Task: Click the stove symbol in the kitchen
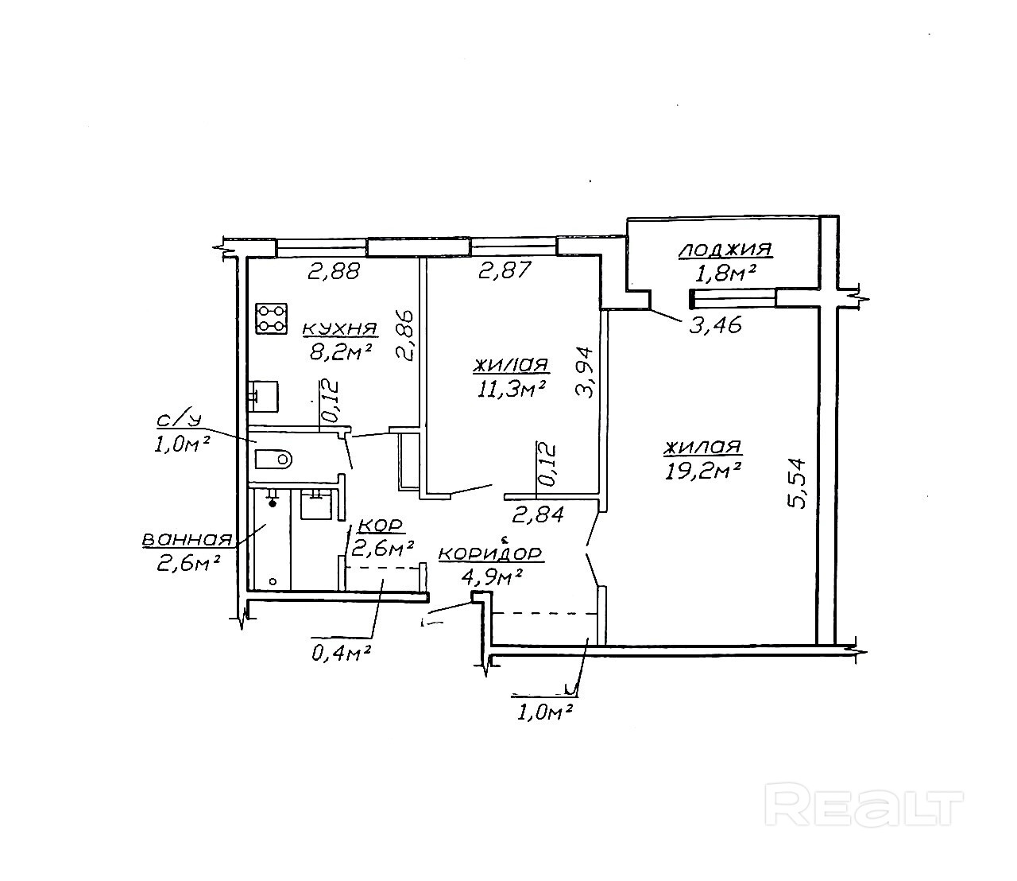point(271,318)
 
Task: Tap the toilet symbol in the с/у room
point(274,459)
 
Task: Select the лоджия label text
point(725,250)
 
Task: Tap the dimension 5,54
point(799,483)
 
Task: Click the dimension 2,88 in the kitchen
point(334,272)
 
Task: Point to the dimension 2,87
point(505,272)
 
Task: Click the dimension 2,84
point(538,514)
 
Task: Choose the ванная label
point(187,540)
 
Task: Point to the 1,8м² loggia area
point(724,272)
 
